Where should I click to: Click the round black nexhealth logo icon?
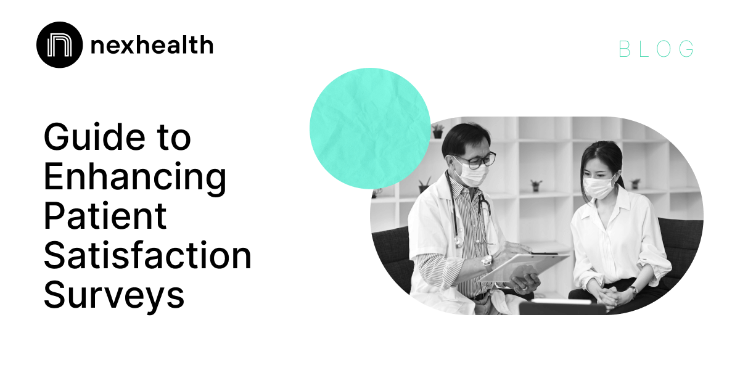pyautogui.click(x=59, y=44)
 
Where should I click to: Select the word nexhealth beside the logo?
pyautogui.click(x=151, y=45)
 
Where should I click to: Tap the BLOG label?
pyautogui.click(x=657, y=49)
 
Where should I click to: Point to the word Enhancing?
pyautogui.click(x=135, y=177)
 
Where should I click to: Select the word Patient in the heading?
pyautogui.click(x=105, y=216)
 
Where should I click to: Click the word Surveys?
pyautogui.click(x=114, y=295)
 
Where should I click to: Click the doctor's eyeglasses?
pyautogui.click(x=476, y=160)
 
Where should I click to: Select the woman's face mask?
pyautogui.click(x=598, y=185)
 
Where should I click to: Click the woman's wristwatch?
pyautogui.click(x=633, y=290)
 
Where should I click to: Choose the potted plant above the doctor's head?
pyautogui.click(x=438, y=131)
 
